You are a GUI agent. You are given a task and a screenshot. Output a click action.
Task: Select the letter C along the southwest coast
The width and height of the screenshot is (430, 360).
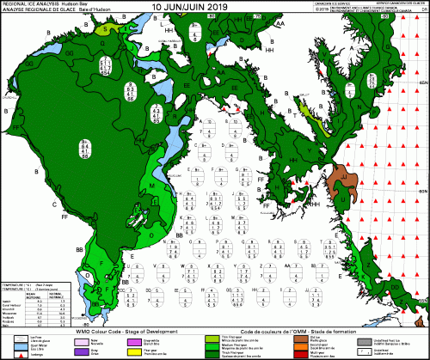click(x=30, y=205)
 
